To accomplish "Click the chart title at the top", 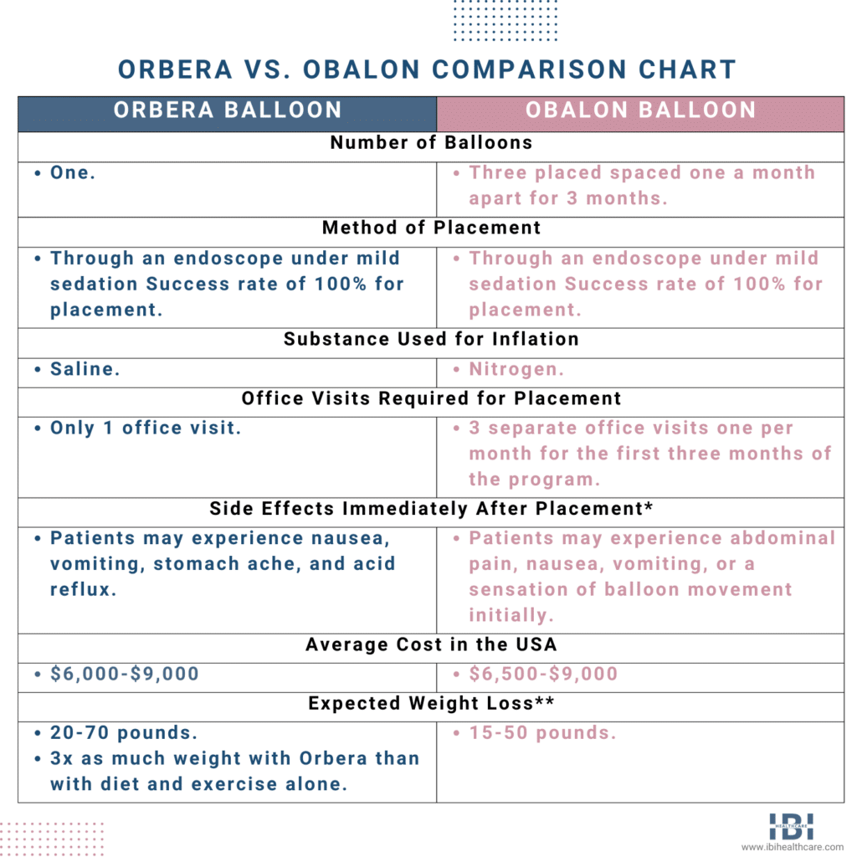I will coord(428,69).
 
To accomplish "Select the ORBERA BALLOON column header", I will coord(228,110).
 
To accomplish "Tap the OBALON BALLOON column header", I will coord(640,110).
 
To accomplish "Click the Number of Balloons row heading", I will coord(431,142).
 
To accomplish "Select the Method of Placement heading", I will coord(431,228).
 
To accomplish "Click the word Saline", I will coord(85,369).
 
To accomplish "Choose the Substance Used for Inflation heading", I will coord(431,339).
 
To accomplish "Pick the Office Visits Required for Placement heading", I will coord(431,398).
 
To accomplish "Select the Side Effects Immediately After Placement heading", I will coord(431,509).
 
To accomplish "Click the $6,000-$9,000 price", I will coord(125,674).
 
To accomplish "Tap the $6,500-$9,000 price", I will coord(543,674).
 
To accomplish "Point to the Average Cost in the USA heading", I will coord(431,644).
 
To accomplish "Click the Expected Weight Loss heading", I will coord(431,703).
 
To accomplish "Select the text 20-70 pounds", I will coord(124,732).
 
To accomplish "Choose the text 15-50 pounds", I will coord(542,732).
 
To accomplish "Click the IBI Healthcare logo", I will coord(791,825).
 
